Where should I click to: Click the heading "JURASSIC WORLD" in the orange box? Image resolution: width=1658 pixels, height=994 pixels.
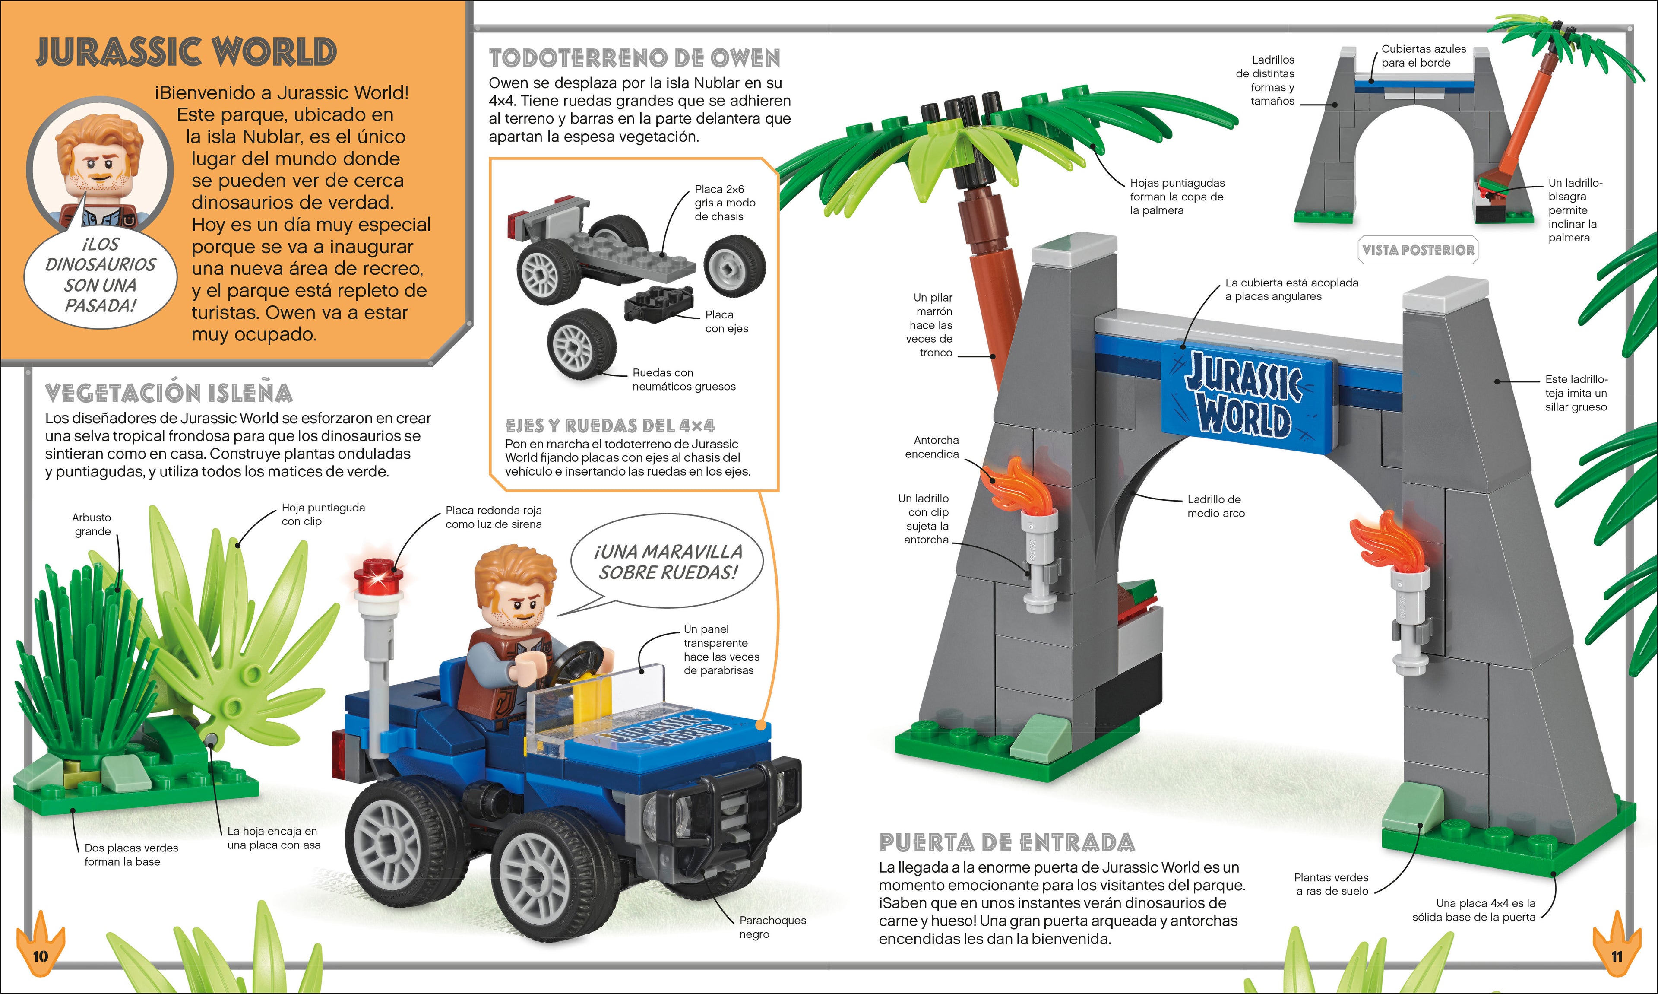click(x=186, y=52)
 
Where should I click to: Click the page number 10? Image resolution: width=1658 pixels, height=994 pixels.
click(x=40, y=955)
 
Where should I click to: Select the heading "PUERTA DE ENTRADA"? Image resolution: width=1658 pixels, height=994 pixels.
click(x=1007, y=843)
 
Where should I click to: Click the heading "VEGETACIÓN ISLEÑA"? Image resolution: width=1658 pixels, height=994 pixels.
click(x=169, y=393)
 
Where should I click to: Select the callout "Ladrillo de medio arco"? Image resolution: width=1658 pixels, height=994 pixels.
click(x=1215, y=506)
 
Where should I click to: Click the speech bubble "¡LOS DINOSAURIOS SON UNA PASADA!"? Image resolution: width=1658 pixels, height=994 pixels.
click(x=101, y=275)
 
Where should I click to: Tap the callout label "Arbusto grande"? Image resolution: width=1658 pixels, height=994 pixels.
click(x=92, y=524)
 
